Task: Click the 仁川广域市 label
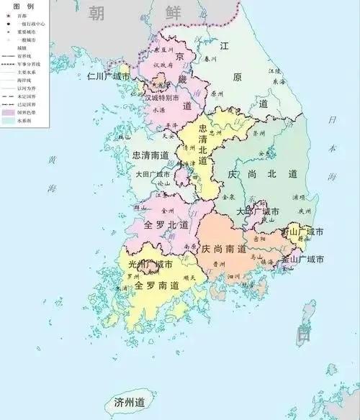coord(108,76)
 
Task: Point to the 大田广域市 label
coord(153,174)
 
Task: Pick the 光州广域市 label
coord(150,265)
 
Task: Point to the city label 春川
coord(210,58)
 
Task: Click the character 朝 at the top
coord(96,12)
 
